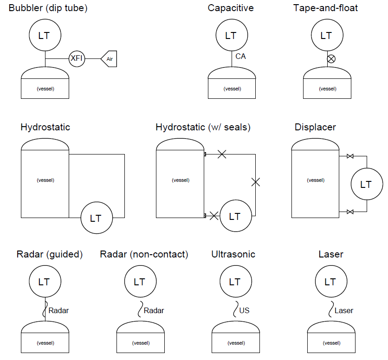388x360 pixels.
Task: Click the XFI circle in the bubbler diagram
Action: [77, 58]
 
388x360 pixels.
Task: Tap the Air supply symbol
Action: [109, 59]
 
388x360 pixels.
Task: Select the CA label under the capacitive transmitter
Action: [240, 56]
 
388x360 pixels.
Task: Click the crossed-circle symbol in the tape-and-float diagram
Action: [331, 59]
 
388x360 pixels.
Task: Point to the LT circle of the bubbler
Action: [45, 36]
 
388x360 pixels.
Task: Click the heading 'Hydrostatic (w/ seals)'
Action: [203, 127]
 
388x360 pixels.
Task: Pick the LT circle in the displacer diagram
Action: [366, 185]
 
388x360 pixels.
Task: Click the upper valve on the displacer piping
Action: [350, 157]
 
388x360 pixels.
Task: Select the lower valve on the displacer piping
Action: [350, 212]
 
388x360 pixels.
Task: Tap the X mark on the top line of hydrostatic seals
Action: [222, 154]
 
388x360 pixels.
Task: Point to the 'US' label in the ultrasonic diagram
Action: [244, 310]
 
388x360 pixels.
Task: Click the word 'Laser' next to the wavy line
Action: [343, 310]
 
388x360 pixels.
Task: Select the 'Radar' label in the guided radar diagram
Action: [58, 310]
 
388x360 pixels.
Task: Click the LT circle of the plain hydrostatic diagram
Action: [96, 218]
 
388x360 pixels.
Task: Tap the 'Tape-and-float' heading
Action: [325, 8]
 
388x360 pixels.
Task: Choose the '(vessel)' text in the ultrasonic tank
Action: [236, 343]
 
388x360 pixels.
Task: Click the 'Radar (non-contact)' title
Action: [144, 254]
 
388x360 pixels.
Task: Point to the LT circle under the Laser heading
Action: [330, 282]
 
